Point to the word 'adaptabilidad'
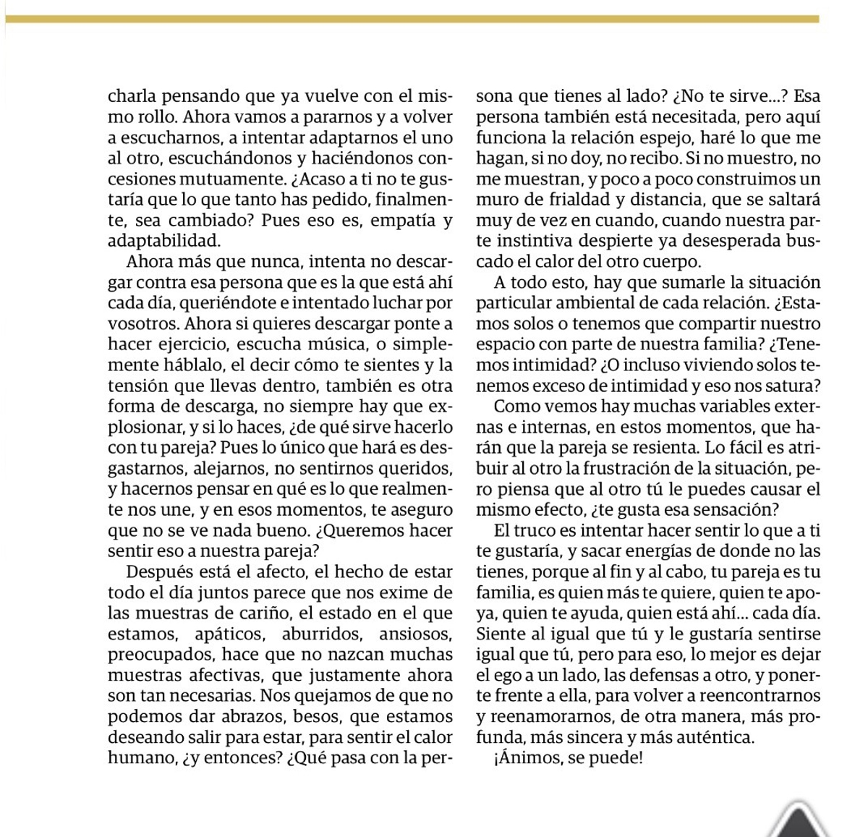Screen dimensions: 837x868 164,241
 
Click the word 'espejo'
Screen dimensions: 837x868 647,137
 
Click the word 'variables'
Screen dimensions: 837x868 712,407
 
